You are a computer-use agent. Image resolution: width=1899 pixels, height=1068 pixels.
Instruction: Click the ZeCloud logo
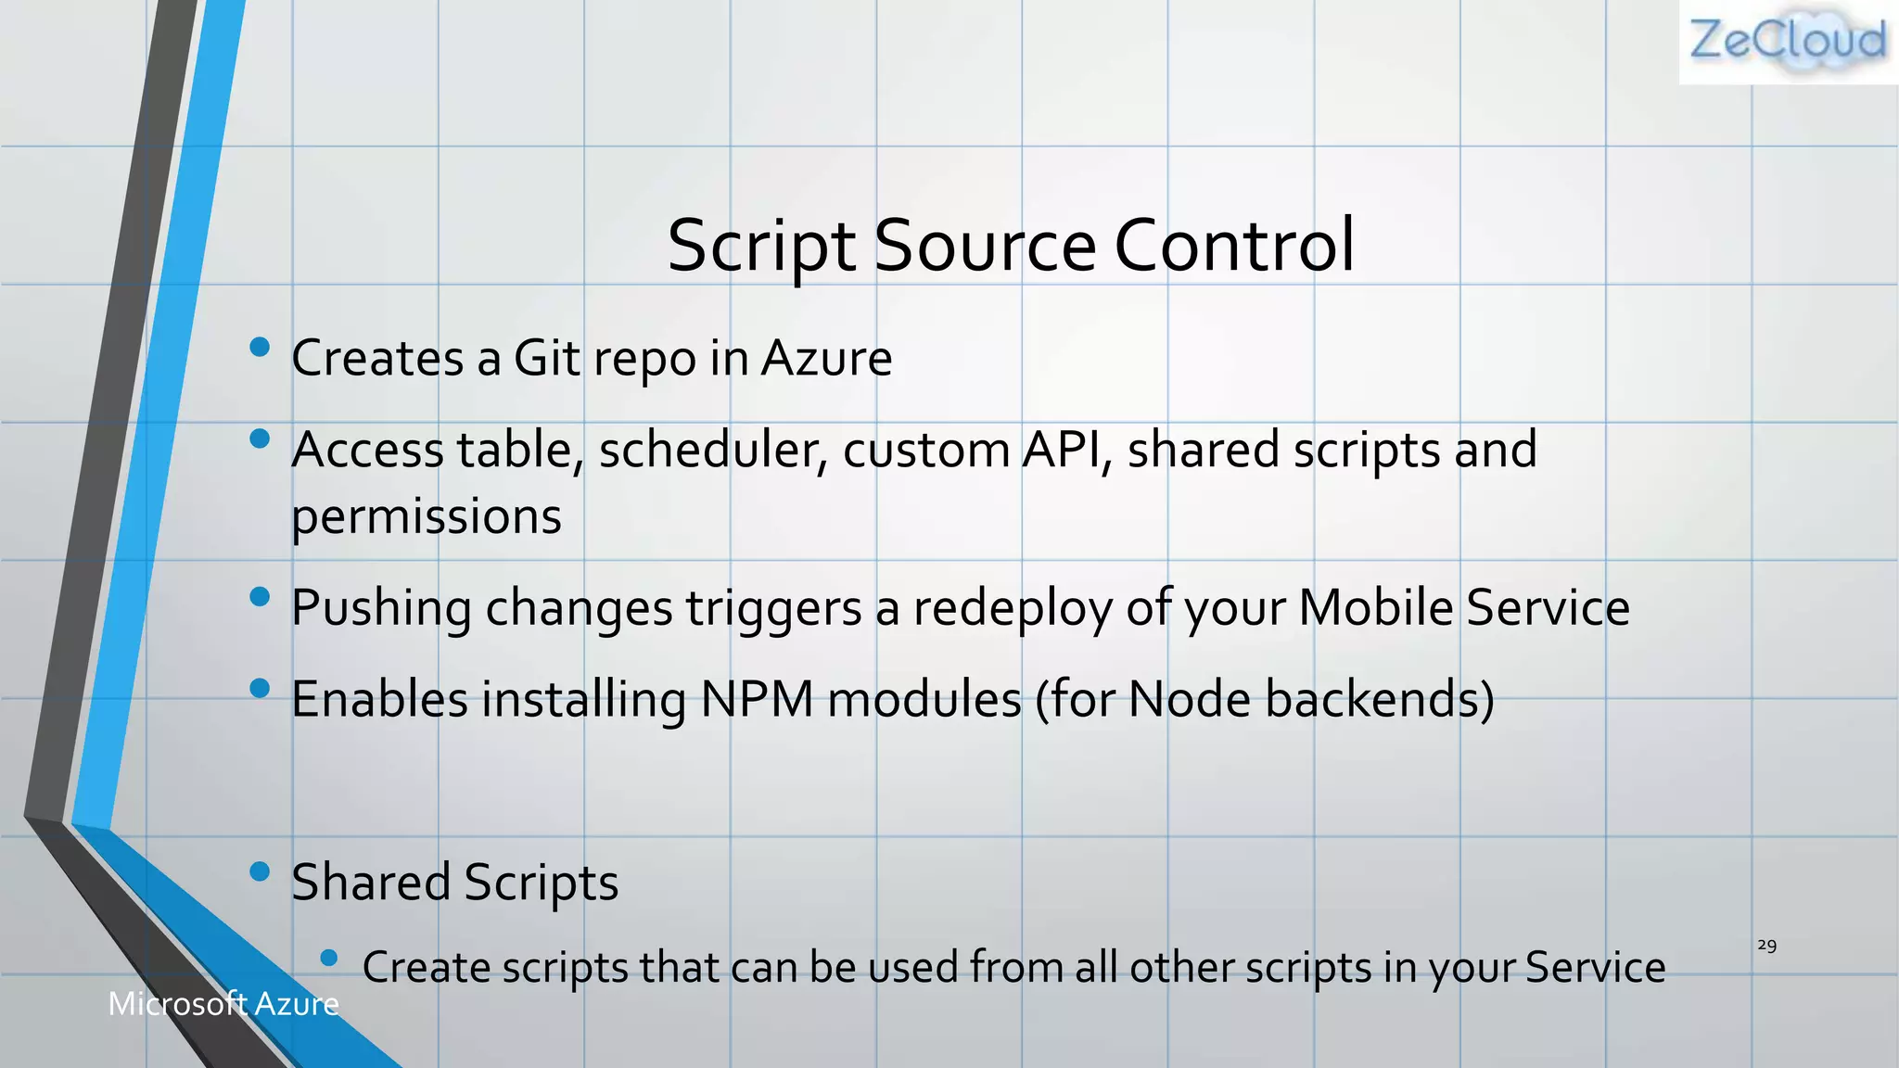click(x=1788, y=42)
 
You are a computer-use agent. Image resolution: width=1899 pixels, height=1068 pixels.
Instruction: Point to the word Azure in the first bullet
click(x=826, y=358)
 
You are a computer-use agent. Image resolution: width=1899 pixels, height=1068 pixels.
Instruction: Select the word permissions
click(x=427, y=517)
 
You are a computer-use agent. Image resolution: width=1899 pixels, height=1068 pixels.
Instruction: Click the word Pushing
click(x=381, y=609)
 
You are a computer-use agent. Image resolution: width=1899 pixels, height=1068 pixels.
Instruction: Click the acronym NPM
click(x=757, y=699)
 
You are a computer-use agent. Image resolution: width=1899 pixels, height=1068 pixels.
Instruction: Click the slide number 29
click(x=1766, y=946)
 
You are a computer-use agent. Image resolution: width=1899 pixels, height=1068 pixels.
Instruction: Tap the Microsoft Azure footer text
click(x=223, y=1004)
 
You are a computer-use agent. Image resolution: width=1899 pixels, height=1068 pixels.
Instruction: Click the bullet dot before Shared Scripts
click(x=260, y=871)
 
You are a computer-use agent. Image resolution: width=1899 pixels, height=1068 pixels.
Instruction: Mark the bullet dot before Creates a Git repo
click(x=260, y=348)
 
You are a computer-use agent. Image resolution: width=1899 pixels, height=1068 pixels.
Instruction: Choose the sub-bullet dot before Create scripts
click(x=328, y=958)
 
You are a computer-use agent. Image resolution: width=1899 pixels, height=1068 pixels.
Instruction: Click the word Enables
click(x=379, y=699)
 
